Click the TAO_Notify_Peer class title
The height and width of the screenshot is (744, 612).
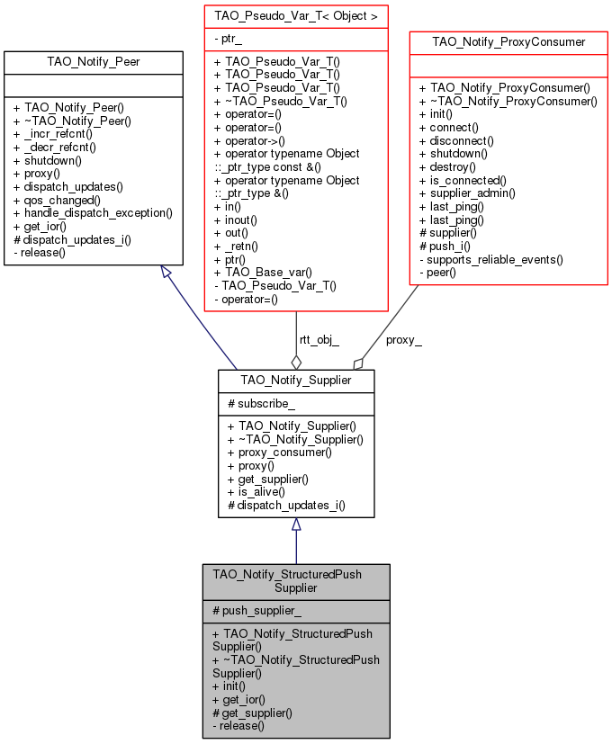pyautogui.click(x=93, y=62)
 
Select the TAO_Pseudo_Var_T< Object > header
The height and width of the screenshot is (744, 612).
pyautogui.click(x=296, y=16)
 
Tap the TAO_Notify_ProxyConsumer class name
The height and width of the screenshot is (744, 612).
pyautogui.click(x=508, y=42)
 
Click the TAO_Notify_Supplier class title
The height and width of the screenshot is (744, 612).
pyautogui.click(x=296, y=380)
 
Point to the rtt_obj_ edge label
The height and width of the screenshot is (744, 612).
pyautogui.click(x=319, y=340)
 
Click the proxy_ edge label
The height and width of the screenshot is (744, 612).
pyautogui.click(x=403, y=340)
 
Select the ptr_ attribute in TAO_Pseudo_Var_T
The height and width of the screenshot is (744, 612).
pyautogui.click(x=228, y=39)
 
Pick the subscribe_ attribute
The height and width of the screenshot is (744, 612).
pyautogui.click(x=261, y=404)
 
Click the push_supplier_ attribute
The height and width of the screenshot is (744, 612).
pyautogui.click(x=256, y=611)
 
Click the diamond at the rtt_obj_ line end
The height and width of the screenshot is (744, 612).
pyautogui.click(x=296, y=363)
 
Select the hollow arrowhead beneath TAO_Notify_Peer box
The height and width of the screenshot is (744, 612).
pyautogui.click(x=166, y=272)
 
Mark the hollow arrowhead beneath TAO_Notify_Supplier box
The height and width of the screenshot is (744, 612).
pyautogui.click(x=296, y=524)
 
